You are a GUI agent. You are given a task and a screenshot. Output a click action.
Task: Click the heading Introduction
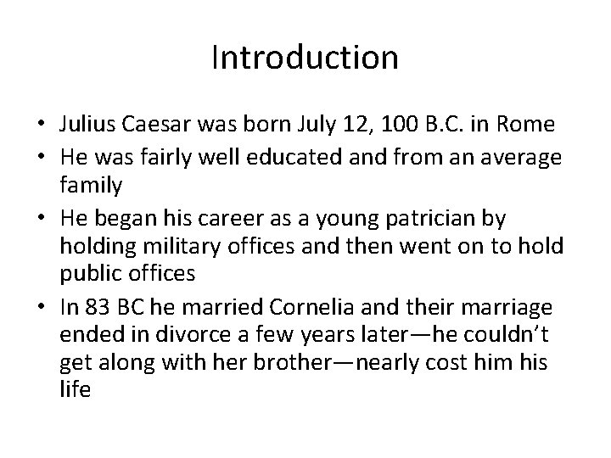[x=305, y=58]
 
